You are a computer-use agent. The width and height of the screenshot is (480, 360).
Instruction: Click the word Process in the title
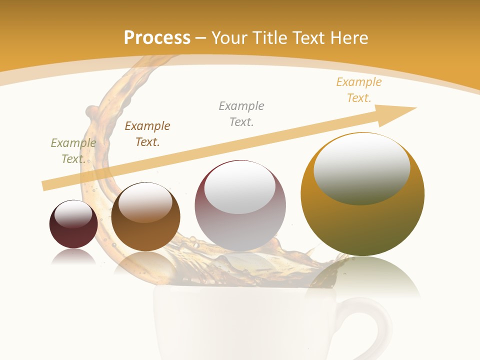click(x=157, y=38)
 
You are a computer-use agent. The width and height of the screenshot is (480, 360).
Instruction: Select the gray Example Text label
click(x=241, y=114)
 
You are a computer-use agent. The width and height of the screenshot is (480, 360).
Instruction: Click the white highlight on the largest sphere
click(x=361, y=167)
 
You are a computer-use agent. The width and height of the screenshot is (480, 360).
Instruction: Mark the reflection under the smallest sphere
click(x=73, y=257)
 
